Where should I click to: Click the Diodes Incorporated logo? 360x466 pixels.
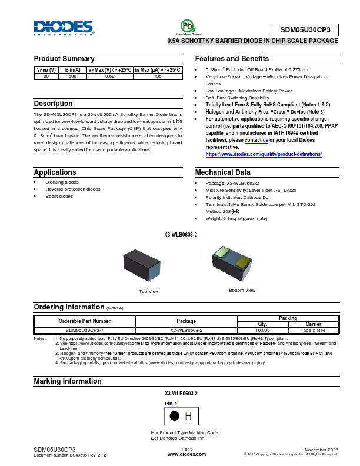pos(64,28)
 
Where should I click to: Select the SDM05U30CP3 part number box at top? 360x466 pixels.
pos(305,30)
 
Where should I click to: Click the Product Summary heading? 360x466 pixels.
pos(64,59)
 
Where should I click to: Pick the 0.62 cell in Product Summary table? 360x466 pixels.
pos(109,76)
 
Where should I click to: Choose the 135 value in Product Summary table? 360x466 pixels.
pos(158,76)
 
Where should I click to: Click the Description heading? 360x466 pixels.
pos(54,104)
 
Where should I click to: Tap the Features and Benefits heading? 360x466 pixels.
pos(232,59)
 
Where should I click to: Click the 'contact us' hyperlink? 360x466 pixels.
pos(256,141)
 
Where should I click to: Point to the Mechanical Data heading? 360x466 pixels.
pos(222,172)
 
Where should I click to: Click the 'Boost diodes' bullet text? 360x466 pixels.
pos(60,196)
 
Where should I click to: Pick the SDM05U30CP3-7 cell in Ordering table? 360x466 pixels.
pos(85,331)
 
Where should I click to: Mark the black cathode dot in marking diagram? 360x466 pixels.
pos(174,416)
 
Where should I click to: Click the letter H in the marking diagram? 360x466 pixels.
pos(188,416)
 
